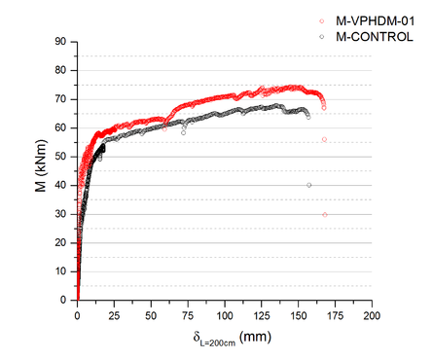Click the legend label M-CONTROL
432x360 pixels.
(374, 36)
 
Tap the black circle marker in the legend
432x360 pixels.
(323, 36)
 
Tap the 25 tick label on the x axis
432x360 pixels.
(114, 316)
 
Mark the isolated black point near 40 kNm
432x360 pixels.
(309, 185)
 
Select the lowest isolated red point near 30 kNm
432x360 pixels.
(325, 214)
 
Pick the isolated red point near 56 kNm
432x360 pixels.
(324, 139)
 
